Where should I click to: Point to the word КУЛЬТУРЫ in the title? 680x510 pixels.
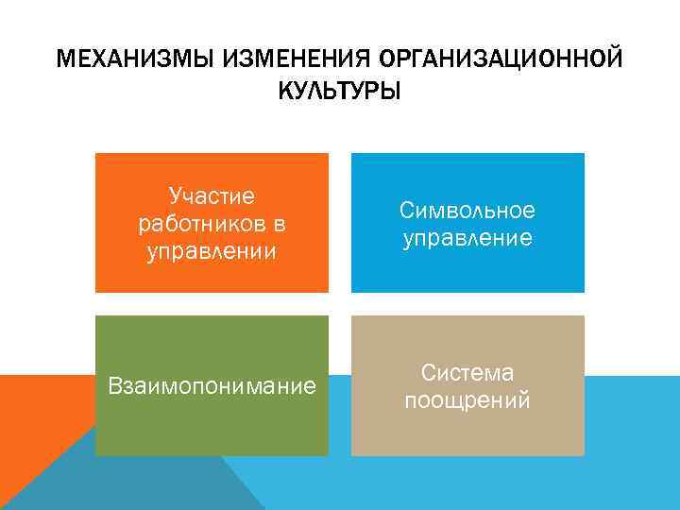[x=339, y=92]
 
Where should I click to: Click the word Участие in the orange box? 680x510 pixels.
[x=212, y=196]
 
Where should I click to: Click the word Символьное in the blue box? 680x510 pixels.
[x=467, y=210]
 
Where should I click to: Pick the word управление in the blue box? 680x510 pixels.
[x=467, y=238]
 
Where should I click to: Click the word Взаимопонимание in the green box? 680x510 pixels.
[x=212, y=386]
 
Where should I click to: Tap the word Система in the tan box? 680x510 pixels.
[x=467, y=372]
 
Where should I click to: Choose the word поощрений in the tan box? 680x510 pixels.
[x=467, y=400]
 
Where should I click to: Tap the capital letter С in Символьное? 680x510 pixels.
[x=406, y=210]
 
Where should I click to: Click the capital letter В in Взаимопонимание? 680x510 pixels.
[x=115, y=386]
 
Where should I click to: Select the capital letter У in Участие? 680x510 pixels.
[x=175, y=196]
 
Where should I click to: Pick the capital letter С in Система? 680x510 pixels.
[x=428, y=372]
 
